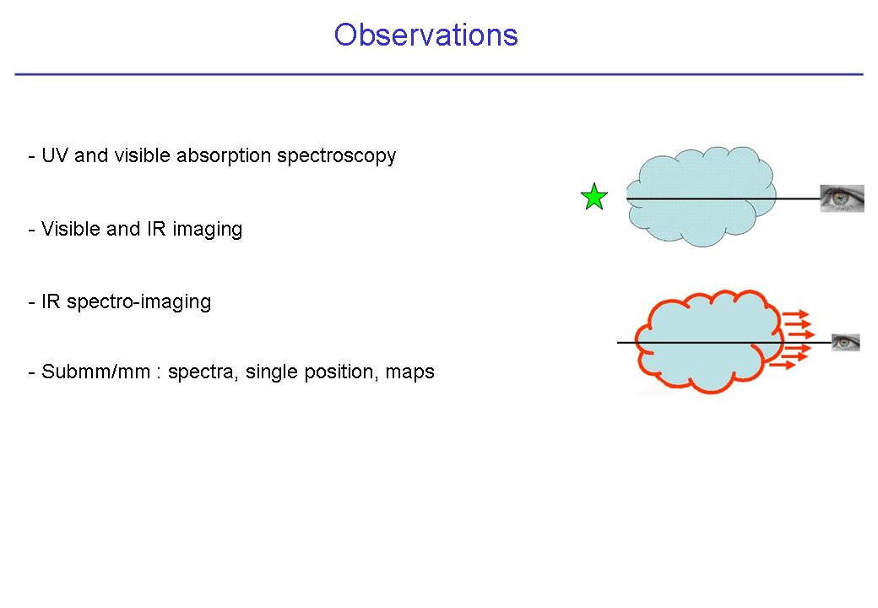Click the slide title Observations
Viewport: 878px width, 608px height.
(x=425, y=35)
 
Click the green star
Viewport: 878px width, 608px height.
(x=594, y=197)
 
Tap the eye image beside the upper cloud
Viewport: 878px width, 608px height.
(x=843, y=198)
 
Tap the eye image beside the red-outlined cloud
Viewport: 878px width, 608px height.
(x=846, y=342)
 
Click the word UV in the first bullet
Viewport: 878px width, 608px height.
(x=55, y=155)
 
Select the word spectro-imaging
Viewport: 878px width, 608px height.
(x=138, y=302)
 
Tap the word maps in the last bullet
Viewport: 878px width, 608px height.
(x=410, y=372)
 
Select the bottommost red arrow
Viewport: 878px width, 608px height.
(x=783, y=365)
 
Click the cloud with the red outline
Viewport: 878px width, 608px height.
(x=708, y=341)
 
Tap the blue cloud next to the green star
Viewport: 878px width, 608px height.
(x=701, y=196)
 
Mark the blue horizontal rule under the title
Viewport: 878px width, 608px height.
(x=439, y=74)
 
